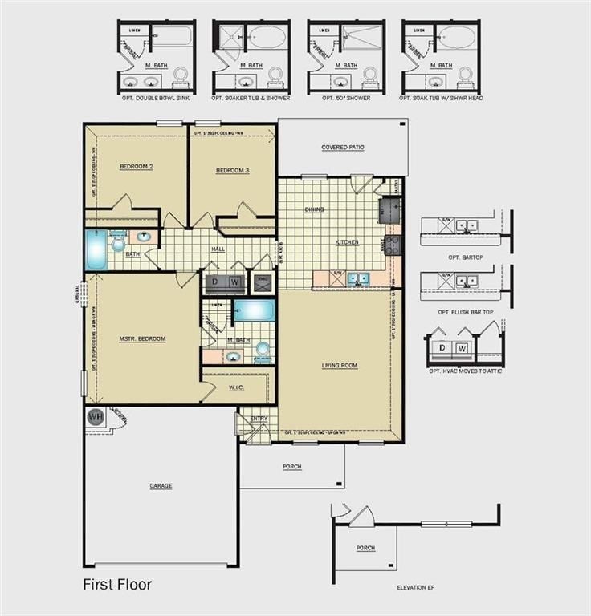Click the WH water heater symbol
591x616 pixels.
(95, 417)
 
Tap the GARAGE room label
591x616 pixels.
(161, 485)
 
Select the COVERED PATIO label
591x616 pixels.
(343, 148)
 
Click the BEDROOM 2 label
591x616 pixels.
(136, 167)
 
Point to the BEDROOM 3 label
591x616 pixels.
(232, 171)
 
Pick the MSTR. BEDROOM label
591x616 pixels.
(142, 338)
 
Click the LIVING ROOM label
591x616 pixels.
(340, 365)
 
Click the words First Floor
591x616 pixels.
(116, 585)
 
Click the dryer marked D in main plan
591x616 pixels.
(216, 282)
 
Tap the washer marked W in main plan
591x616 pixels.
(235, 282)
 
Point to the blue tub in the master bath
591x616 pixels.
(254, 310)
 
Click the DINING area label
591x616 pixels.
(314, 209)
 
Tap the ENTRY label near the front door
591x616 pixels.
(259, 418)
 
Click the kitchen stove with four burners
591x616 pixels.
(393, 245)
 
